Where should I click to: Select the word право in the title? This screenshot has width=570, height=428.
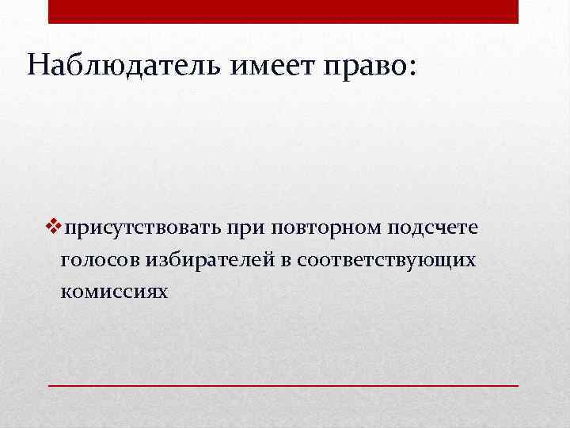pyautogui.click(x=363, y=66)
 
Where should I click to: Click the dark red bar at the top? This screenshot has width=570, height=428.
pyautogui.click(x=283, y=11)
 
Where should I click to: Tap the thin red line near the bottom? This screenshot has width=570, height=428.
pyautogui.click(x=283, y=384)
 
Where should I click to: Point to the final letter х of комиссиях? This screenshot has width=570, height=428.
pyautogui.click(x=163, y=292)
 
